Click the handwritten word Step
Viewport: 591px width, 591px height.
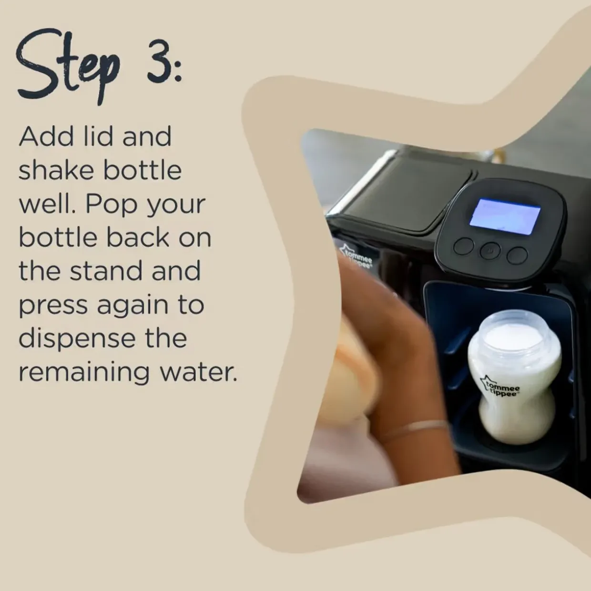68,66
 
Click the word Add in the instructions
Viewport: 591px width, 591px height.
46,136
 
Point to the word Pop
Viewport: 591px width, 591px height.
112,205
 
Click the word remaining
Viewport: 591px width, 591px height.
84,372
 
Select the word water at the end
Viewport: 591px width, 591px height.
199,373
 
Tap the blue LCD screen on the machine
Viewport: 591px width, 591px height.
505,216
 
